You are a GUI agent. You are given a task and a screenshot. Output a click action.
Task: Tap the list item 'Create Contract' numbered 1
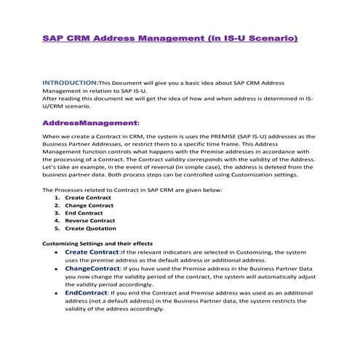[x=89, y=197]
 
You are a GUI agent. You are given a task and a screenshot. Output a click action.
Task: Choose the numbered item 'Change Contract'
[x=91, y=205]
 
